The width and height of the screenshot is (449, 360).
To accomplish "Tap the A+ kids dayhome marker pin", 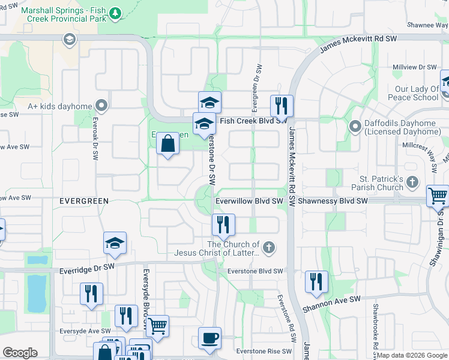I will [102, 106].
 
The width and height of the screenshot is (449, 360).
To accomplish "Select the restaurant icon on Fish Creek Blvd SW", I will [282, 106].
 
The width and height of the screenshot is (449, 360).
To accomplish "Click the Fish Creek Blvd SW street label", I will [253, 121].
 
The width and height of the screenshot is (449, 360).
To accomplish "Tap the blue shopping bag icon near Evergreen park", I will [169, 144].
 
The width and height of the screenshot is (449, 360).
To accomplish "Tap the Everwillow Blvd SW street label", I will [249, 202].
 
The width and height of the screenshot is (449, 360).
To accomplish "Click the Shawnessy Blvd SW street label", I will [332, 202].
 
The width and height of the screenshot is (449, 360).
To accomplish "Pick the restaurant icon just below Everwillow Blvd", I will [223, 225].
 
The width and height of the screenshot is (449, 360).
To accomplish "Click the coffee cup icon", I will [209, 338].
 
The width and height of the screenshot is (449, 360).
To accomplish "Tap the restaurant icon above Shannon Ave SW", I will [316, 281].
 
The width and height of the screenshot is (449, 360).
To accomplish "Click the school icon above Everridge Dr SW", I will [115, 243].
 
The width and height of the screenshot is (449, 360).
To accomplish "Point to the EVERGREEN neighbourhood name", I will [84, 201].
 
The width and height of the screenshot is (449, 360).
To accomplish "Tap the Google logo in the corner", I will [20, 353].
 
